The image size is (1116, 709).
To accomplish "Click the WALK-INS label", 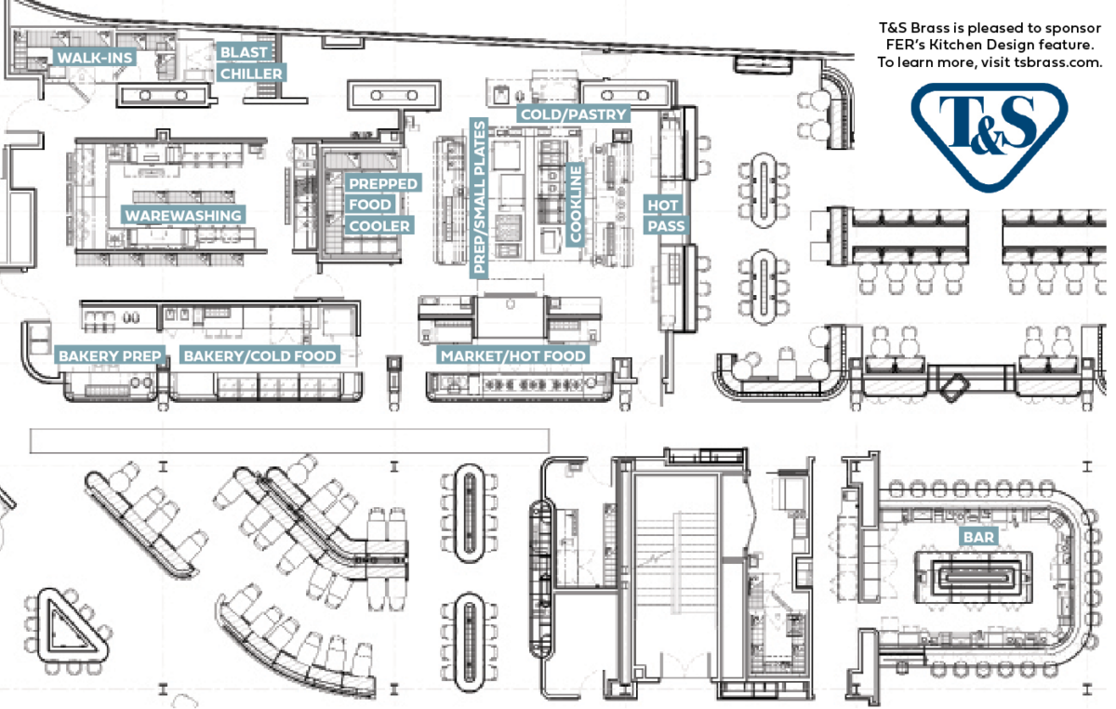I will point(96,58).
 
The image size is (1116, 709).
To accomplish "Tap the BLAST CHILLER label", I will point(251,62).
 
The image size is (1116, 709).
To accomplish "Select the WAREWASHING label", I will point(183,215).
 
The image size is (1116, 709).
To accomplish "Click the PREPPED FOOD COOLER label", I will point(382,205).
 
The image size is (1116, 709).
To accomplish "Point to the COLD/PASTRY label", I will point(574,114).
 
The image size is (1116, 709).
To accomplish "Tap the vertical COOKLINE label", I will point(576,205).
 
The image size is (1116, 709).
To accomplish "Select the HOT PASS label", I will point(666,215).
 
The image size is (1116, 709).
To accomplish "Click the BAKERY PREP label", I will point(111,355).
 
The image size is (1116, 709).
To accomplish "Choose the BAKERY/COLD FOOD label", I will point(259,355).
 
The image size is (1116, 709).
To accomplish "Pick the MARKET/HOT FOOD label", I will point(513,355).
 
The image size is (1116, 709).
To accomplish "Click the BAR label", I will point(978,537).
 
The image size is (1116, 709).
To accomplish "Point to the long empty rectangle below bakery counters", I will point(288,440).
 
